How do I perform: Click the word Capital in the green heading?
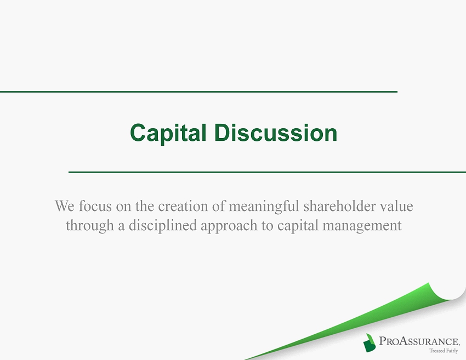click(x=168, y=133)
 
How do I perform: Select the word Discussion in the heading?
click(x=276, y=132)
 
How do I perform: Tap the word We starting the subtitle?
click(x=65, y=206)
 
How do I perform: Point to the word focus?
click(x=95, y=206)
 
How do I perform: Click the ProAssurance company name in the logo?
click(x=419, y=341)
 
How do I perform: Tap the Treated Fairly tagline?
click(x=444, y=351)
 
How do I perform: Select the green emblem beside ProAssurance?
click(x=369, y=343)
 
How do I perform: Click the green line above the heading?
click(x=198, y=92)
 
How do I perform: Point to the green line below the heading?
click(x=267, y=172)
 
